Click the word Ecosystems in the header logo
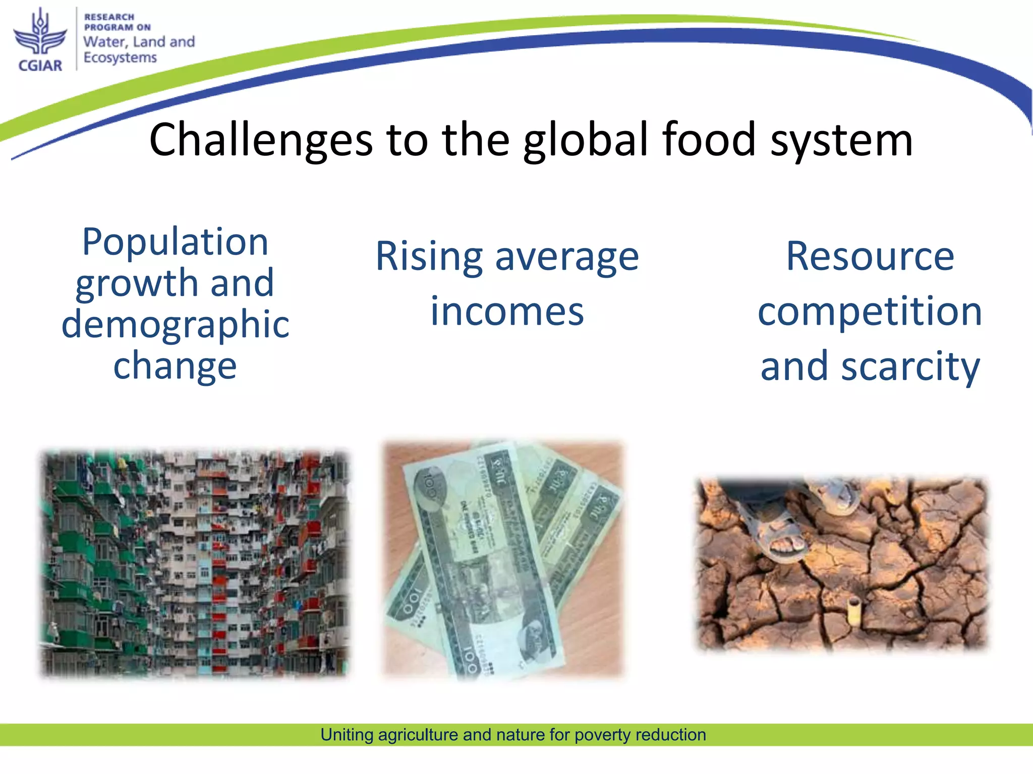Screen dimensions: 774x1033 (120, 58)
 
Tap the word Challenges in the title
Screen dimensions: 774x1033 (261, 140)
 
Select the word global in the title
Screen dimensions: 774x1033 (585, 140)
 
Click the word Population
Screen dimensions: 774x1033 (175, 242)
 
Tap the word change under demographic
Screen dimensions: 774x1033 (175, 366)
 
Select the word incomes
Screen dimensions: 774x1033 (507, 311)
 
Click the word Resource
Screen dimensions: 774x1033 (870, 256)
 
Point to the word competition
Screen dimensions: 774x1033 (870, 311)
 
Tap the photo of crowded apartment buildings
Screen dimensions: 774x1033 (194, 562)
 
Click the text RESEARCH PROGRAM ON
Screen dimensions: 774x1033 (117, 22)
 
